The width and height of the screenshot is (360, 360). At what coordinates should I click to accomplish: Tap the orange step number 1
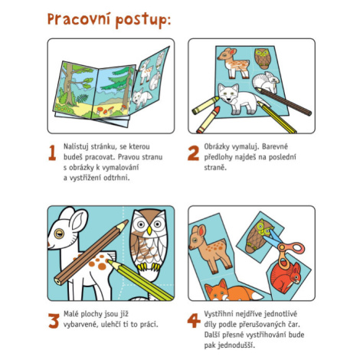coord(52,152)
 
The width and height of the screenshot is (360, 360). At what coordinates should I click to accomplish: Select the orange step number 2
coord(193,153)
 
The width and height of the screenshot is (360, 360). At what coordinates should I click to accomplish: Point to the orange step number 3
coord(54,320)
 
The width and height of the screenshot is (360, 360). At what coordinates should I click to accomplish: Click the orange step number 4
coord(194,320)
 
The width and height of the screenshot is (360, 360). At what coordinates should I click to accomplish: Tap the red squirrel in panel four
coord(286,277)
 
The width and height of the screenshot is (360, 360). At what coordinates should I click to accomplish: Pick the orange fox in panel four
coord(232,290)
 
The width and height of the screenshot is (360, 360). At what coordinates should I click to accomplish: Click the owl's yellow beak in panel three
coord(149,231)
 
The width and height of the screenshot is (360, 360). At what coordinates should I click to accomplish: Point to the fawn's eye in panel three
coord(59,234)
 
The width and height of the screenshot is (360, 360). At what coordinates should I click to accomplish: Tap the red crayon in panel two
coord(208,120)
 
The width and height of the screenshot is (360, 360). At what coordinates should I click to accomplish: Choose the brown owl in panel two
coord(262,58)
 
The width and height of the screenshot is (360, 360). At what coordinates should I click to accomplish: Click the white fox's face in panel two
coord(228,94)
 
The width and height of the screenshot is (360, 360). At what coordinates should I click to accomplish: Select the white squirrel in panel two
coord(266,82)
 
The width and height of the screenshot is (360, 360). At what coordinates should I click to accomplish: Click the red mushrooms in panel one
coord(105,110)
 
